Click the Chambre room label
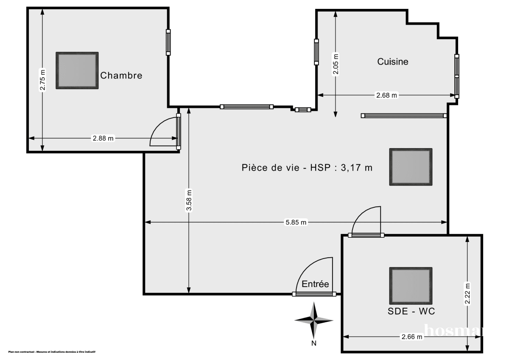coord(121,76)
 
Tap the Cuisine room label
coord(393,62)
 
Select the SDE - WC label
coord(411,311)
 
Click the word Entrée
coord(315,284)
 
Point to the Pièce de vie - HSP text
coord(307,168)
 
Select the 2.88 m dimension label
coord(103,138)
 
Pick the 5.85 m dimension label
coord(296,222)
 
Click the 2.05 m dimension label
coord(336,64)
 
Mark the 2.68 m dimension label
coord(386,96)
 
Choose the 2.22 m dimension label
coord(467,293)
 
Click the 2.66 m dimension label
coord(411,337)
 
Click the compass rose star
coord(314,320)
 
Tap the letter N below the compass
coord(314,343)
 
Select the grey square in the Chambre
coord(77,70)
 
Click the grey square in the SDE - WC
coord(411,284)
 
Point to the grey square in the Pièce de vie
coord(411,167)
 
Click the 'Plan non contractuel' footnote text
coord(51,352)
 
